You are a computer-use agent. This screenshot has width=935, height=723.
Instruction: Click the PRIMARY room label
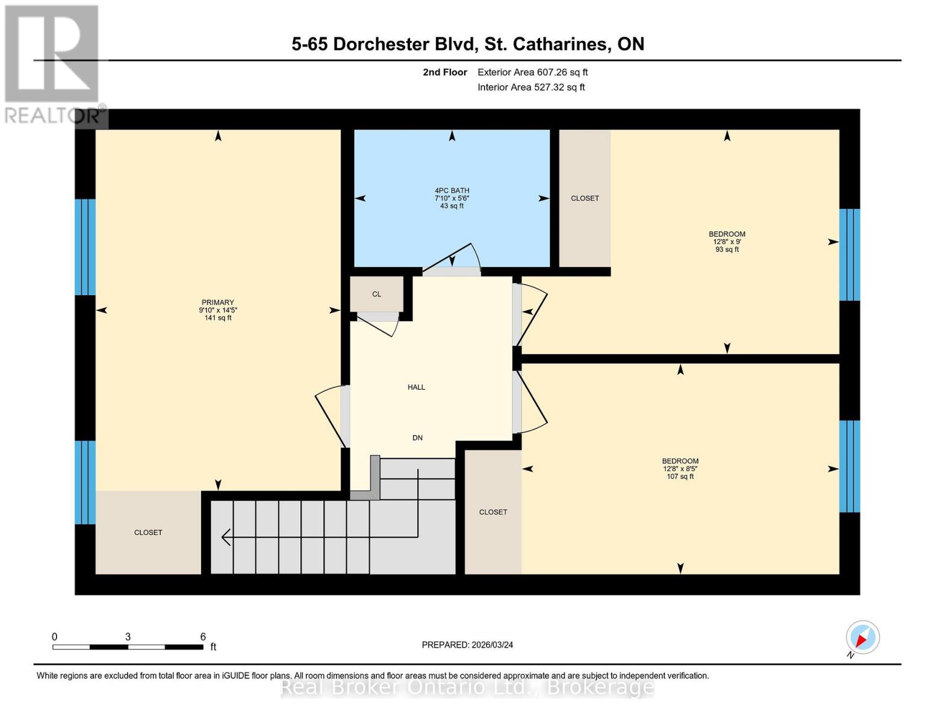pos(218,302)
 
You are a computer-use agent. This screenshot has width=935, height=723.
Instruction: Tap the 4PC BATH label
pos(452,190)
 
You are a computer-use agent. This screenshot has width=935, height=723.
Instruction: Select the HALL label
pos(416,387)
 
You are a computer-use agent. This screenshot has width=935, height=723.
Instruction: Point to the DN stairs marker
pos(417,438)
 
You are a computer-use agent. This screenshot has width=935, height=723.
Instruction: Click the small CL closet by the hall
pos(376,294)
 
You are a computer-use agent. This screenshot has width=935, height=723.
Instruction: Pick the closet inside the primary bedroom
pos(148,533)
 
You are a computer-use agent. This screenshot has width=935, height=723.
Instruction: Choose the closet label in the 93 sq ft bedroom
pos(585,198)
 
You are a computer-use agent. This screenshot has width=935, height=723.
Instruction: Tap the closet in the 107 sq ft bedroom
pos(493,512)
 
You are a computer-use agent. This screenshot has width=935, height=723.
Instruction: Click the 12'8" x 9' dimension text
pos(727,242)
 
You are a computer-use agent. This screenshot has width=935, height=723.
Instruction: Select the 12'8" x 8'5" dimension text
pos(680,469)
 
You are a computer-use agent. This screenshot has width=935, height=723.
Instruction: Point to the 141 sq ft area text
pos(218,318)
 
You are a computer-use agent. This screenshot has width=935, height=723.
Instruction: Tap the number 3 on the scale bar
pos(128,637)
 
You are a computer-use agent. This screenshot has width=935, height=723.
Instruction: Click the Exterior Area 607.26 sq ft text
pos(532,72)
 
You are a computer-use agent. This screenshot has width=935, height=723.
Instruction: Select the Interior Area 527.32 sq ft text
pos(531,87)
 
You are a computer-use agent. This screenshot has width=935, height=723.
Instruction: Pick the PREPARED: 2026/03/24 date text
pos(467,645)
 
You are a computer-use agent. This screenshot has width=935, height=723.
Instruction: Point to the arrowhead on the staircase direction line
pos(226,536)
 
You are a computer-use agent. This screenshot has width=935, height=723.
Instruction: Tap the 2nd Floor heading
pos(445,72)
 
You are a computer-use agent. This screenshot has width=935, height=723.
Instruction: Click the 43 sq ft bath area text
pos(452,206)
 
